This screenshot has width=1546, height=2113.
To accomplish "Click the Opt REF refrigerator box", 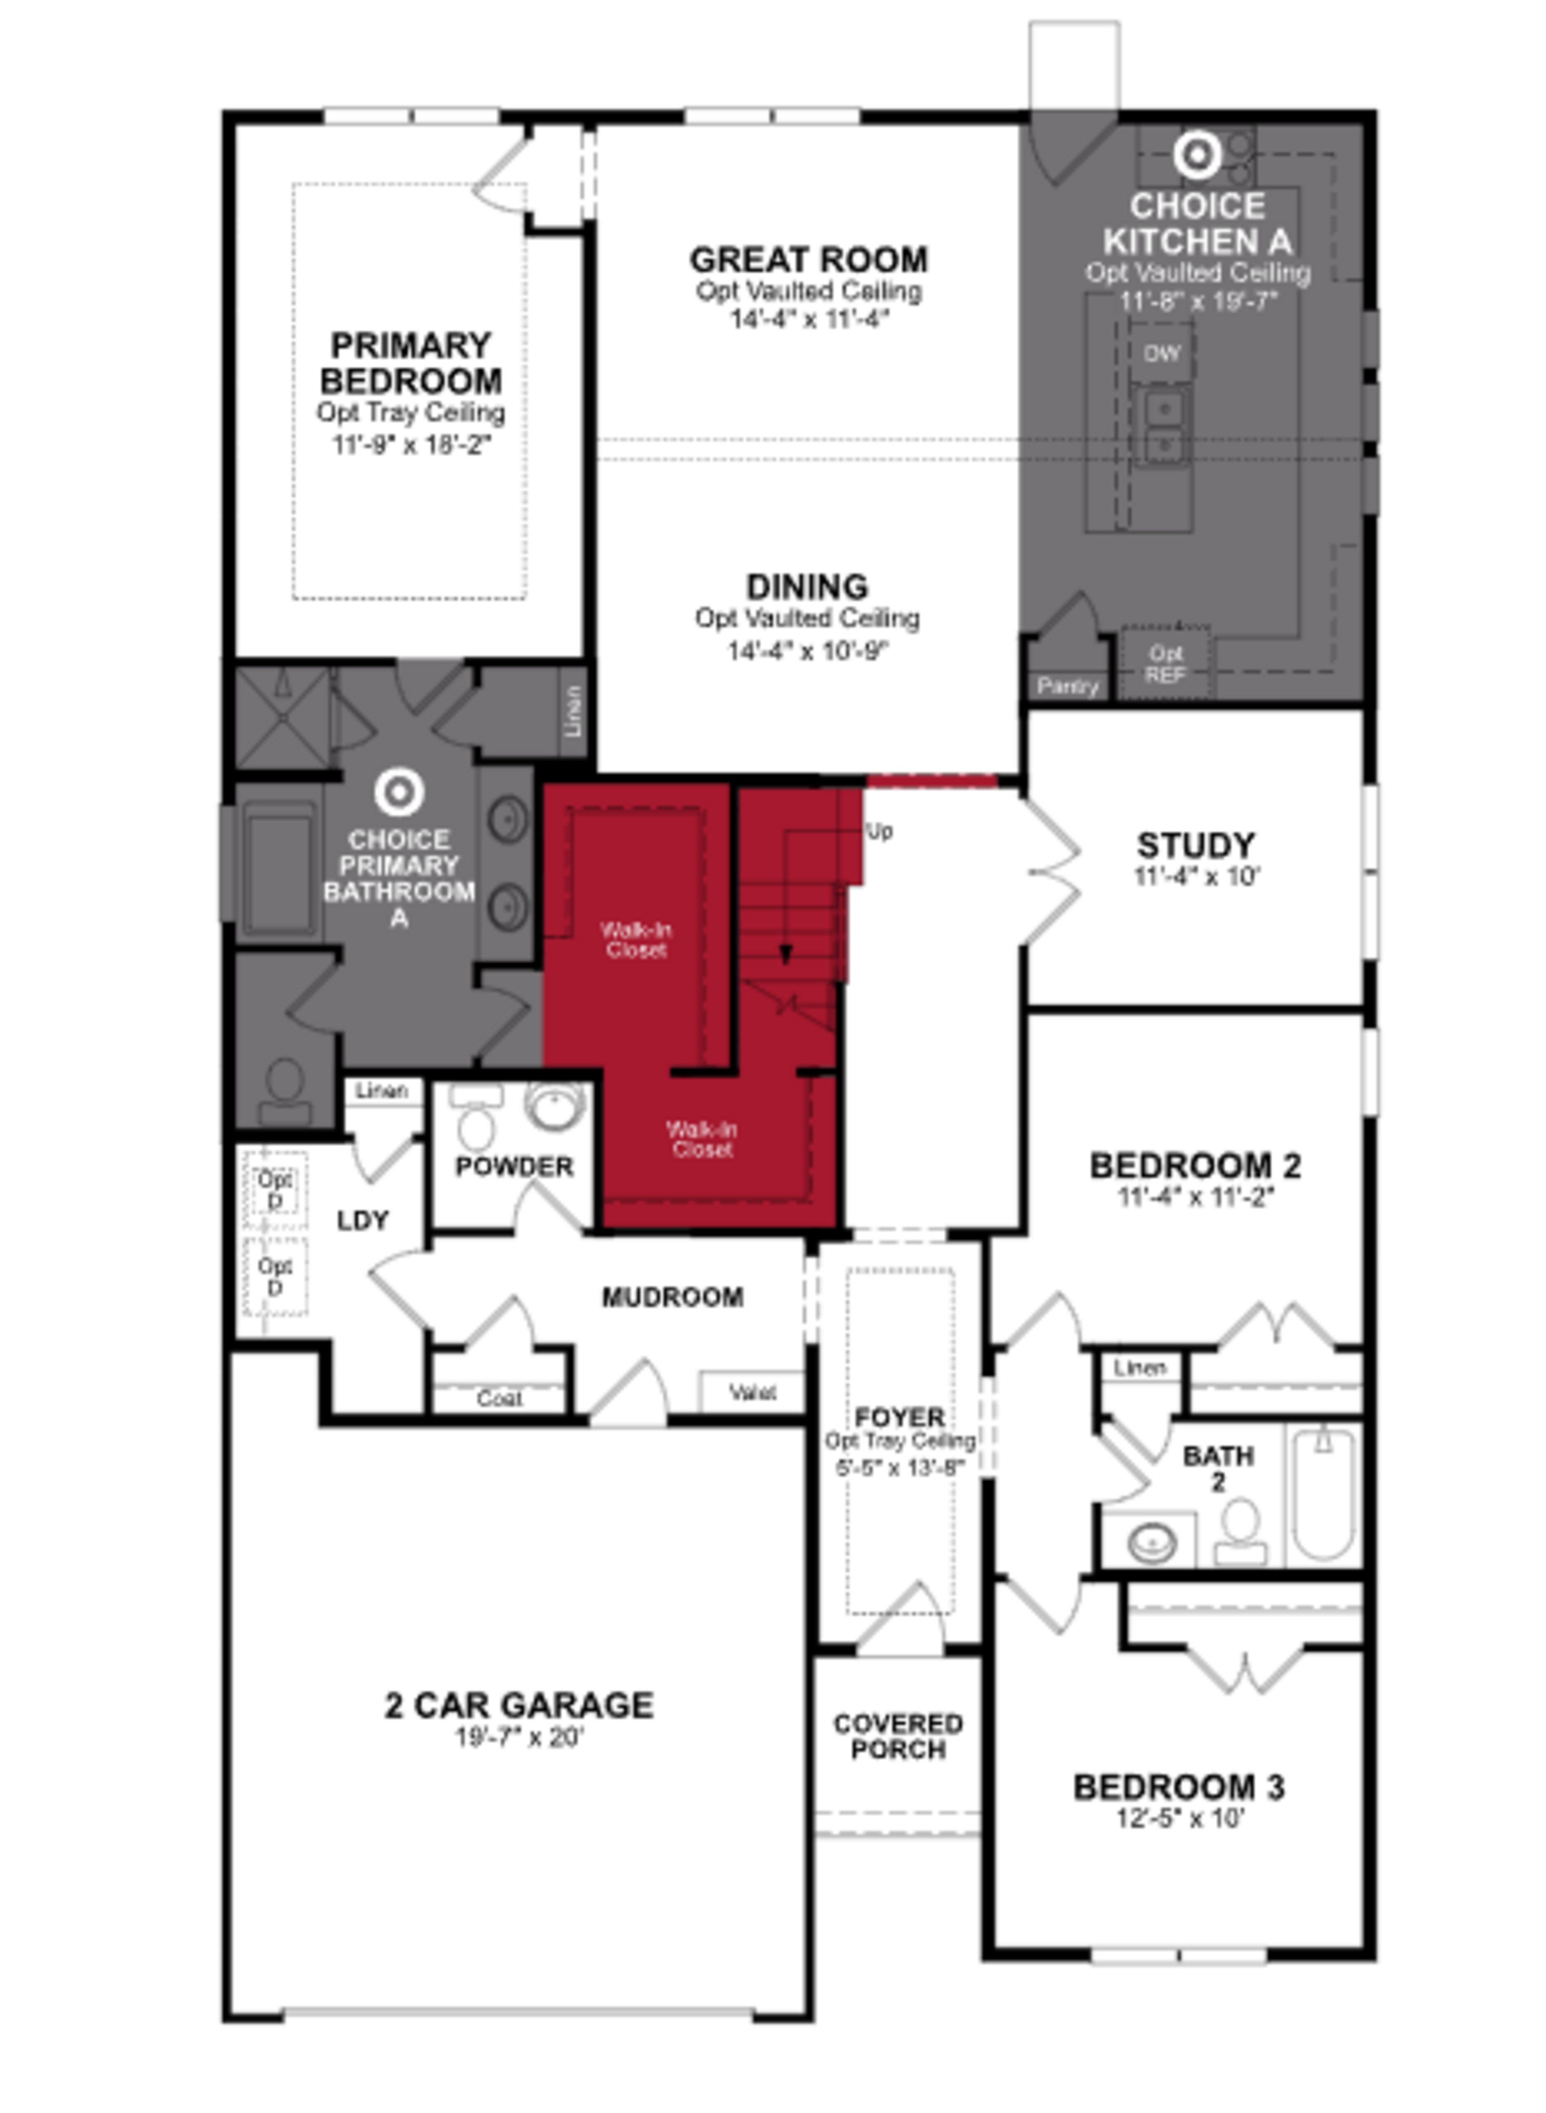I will pos(1165,663).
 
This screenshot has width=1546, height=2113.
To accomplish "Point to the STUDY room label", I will pos(1195,845).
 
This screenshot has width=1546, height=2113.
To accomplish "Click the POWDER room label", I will pos(514,1167).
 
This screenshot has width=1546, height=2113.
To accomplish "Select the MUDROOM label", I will pos(672,1297).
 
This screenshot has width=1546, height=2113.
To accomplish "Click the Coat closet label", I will pos(499,1398).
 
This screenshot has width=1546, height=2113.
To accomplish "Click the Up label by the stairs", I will pos(879,831).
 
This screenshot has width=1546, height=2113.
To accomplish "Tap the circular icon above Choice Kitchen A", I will pos(1197,155).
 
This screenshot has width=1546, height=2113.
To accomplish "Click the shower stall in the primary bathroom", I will pos(281,718).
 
